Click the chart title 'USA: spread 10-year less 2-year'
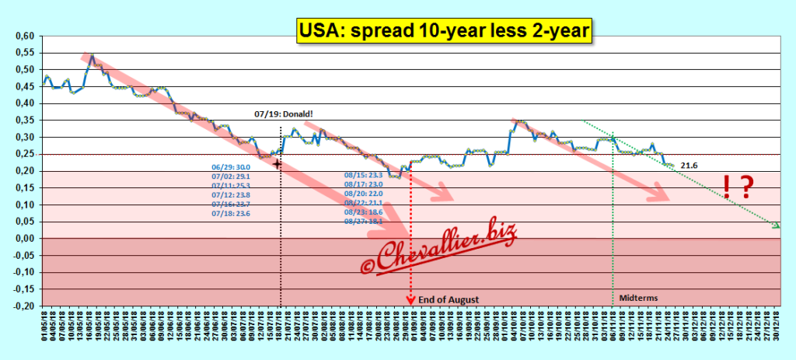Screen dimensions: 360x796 [443, 31]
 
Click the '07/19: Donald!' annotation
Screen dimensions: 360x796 [284, 114]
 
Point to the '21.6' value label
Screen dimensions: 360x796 [690, 166]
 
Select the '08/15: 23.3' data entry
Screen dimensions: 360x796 [364, 175]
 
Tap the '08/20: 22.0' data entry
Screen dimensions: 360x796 [364, 194]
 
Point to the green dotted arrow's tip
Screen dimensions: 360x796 [777, 226]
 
